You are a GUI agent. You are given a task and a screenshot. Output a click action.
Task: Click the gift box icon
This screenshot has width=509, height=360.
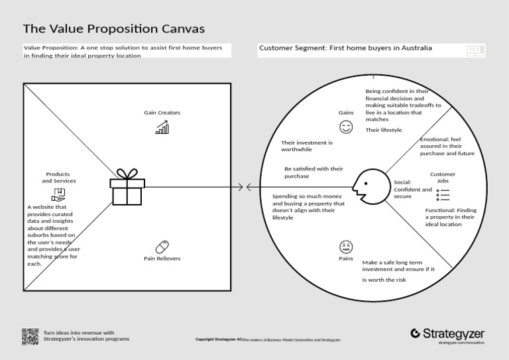tap(128, 188)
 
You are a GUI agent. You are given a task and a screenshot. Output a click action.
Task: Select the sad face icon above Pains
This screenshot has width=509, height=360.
tap(346, 246)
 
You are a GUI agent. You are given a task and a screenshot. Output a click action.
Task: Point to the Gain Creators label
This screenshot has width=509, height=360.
tap(162, 113)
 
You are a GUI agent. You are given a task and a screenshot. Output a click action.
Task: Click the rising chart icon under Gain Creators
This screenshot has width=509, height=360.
tap(162, 127)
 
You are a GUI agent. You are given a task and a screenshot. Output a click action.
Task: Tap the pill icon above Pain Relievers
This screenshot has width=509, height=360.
tap(162, 245)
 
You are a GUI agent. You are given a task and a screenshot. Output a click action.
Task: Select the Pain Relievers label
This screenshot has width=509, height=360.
tap(162, 258)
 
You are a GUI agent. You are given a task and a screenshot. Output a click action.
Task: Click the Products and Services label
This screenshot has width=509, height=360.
tap(59, 177)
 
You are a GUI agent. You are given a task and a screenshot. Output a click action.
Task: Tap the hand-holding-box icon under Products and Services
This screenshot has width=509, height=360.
tap(59, 194)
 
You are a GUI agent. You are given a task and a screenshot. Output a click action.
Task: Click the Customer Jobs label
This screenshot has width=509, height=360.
tap(443, 177)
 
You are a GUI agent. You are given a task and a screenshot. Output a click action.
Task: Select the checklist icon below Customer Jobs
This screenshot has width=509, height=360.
tap(443, 194)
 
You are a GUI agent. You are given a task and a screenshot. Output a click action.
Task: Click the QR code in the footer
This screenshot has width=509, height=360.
tap(30, 337)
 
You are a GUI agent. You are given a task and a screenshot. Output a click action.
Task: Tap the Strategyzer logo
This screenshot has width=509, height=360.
tap(447, 333)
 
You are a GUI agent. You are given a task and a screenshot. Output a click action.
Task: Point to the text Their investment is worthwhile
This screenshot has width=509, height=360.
tap(307, 146)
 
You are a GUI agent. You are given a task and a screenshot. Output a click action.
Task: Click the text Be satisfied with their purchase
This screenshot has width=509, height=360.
tap(313, 172)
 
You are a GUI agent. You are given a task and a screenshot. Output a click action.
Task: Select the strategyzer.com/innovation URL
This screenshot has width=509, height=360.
tap(461, 343)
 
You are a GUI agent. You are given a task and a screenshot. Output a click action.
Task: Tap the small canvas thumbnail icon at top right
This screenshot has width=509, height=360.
tap(476, 50)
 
